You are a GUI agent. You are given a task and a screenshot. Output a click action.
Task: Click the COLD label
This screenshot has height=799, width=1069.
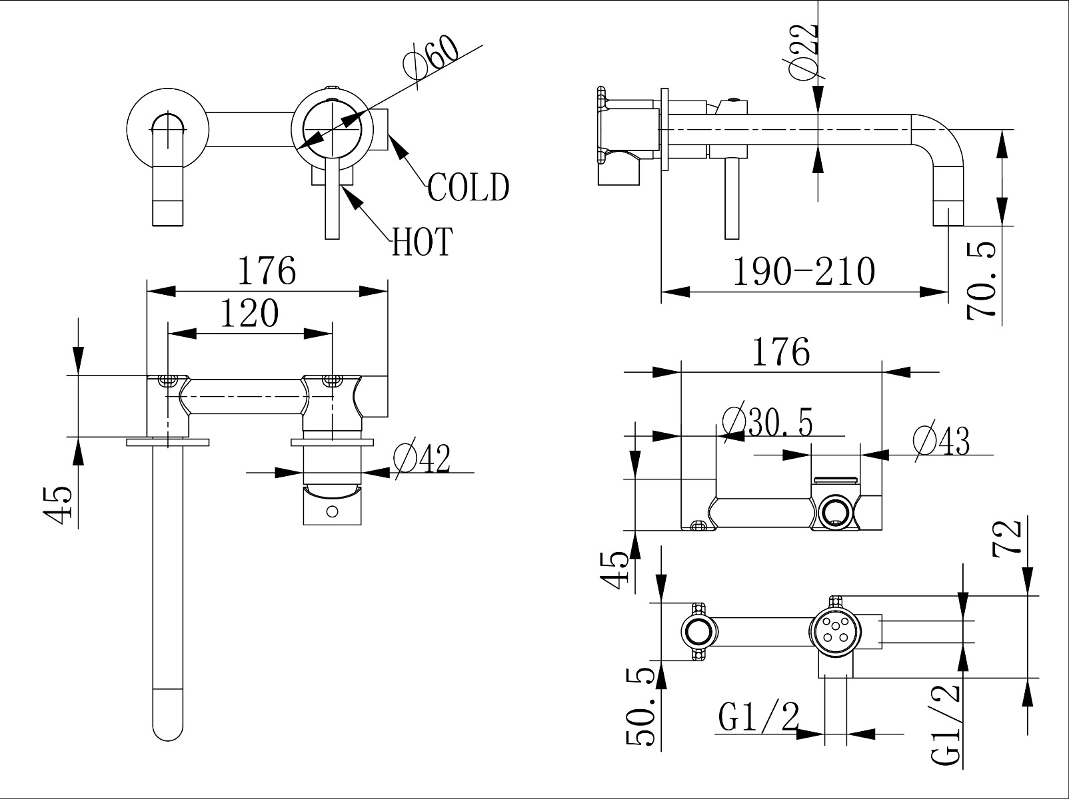point(468,187)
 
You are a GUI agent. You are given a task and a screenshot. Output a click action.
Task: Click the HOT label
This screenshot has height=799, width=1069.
point(423,241)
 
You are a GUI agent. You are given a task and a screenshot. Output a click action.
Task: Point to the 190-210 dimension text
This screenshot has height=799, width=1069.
point(804,272)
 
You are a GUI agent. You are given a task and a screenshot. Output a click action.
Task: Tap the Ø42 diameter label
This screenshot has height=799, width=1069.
point(422,458)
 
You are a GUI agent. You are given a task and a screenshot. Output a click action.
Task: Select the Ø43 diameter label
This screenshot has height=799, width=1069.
point(941,440)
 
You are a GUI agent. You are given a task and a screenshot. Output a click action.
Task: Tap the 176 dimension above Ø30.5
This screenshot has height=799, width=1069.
point(780,352)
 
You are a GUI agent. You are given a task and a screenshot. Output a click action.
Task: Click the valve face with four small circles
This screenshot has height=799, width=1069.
point(834,630)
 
